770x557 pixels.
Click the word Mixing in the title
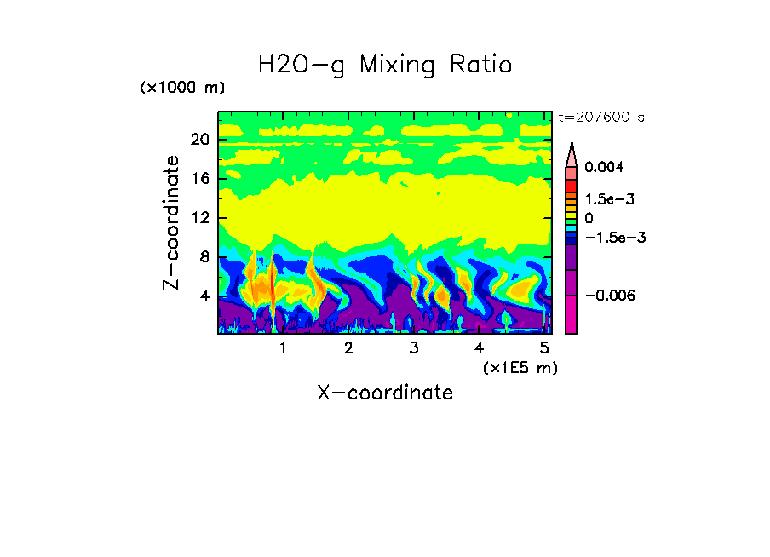click(x=395, y=65)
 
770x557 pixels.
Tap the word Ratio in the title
click(x=480, y=65)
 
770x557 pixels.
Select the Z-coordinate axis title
click(x=171, y=222)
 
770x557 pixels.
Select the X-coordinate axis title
click(x=385, y=393)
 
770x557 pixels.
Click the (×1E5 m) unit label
click(x=520, y=367)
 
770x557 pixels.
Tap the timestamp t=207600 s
click(x=600, y=117)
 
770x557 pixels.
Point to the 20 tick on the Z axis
click(x=200, y=141)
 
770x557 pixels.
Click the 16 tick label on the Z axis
click(x=200, y=179)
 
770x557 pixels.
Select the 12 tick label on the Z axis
click(x=200, y=218)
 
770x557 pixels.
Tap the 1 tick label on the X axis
click(x=283, y=348)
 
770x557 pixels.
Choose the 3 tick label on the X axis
click(x=414, y=348)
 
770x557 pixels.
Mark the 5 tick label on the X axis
click(x=545, y=348)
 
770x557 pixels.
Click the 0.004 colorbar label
click(x=604, y=168)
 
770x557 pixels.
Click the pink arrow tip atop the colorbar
click(x=572, y=153)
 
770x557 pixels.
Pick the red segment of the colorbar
click(x=572, y=185)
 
